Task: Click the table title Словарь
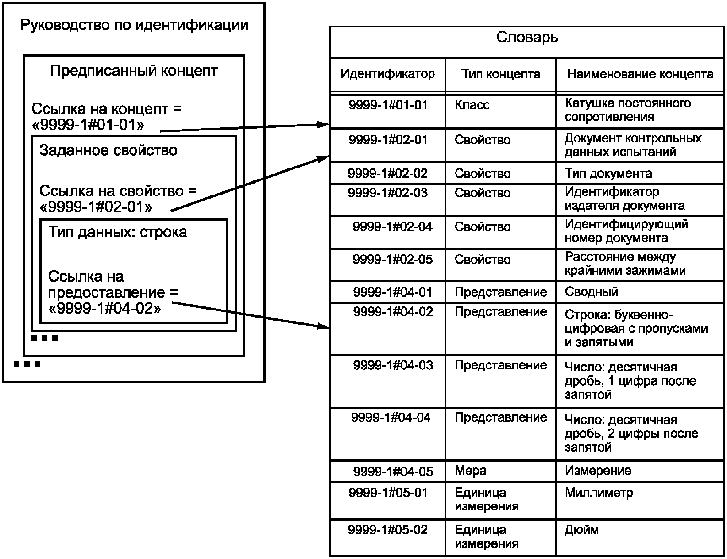pos(527,38)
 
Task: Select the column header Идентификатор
pos(387,74)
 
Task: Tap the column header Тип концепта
pos(500,74)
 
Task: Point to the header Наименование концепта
pos(640,74)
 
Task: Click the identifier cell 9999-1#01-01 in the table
pos(388,105)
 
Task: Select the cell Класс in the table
pos(472,105)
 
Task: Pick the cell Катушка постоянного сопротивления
pos(628,110)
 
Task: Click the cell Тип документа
pos(608,174)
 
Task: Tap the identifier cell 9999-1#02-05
pos(392,260)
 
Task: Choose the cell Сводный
pos(591,292)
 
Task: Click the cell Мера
pos(470,471)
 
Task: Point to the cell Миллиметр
pos(599,493)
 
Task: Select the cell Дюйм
pos(581,530)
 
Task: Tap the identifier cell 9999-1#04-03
pos(393,365)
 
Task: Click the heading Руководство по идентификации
pos(134,25)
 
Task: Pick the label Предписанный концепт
pos(134,71)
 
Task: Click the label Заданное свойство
pos(108,151)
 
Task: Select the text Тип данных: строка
pos(117,232)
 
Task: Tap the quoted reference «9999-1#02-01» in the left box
pos(96,207)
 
